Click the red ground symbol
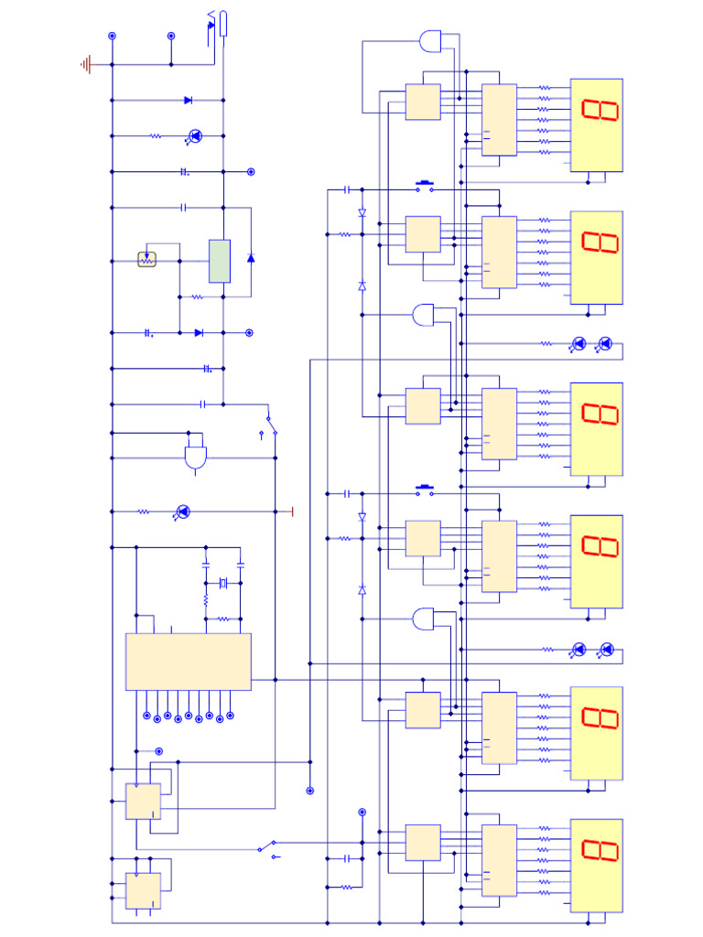87,65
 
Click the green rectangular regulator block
220,261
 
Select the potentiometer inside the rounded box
147,260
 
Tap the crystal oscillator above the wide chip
222,583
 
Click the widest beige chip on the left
188,661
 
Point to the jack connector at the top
220,22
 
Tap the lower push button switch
425,491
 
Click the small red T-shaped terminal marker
290,511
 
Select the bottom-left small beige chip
143,889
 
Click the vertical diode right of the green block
251,257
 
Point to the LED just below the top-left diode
194,136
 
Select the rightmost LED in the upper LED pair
604,344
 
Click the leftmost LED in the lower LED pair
579,650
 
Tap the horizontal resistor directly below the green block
196,296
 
